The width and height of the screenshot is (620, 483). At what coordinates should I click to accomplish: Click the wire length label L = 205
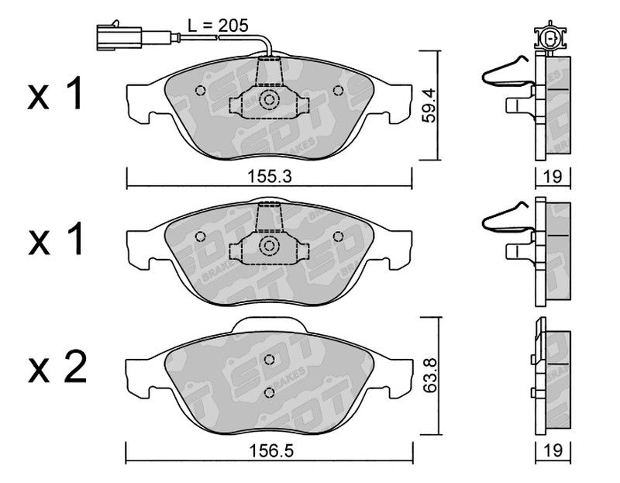pos(218,26)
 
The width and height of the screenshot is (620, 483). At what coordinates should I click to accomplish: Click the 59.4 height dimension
pos(428,105)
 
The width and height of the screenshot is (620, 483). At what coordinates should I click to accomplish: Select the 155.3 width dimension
pos(269,177)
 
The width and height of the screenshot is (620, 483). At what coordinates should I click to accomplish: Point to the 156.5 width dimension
pos(271,450)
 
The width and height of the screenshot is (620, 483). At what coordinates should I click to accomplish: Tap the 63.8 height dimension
pos(429,375)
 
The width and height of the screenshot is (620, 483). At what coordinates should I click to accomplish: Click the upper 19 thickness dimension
pos(553,177)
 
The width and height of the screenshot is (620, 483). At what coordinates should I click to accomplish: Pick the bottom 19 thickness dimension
pos(553,450)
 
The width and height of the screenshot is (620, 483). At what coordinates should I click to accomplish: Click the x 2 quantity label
pos(57,367)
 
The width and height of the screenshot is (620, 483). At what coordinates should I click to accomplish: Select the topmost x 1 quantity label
pos(55,93)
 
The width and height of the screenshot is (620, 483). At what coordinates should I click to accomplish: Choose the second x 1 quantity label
pos(55,239)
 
